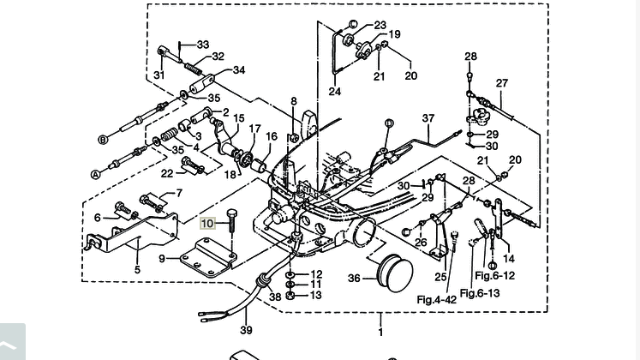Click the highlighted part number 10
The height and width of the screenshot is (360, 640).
207,223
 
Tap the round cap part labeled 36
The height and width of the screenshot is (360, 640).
395,273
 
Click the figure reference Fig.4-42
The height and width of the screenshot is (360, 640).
436,299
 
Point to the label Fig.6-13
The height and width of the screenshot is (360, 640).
480,293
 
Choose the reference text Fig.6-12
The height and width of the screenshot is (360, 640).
494,275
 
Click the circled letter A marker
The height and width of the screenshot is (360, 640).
95,174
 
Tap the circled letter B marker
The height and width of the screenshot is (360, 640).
104,140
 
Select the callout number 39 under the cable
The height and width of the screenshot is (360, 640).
246,330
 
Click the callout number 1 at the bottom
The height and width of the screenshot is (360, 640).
380,332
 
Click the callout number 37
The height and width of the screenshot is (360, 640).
428,118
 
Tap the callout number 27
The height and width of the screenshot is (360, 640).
501,83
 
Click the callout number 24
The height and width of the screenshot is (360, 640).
335,91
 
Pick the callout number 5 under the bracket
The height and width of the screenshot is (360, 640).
137,269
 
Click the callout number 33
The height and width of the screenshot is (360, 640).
203,44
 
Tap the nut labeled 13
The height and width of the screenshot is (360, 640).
290,296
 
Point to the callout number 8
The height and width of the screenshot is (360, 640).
294,101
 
